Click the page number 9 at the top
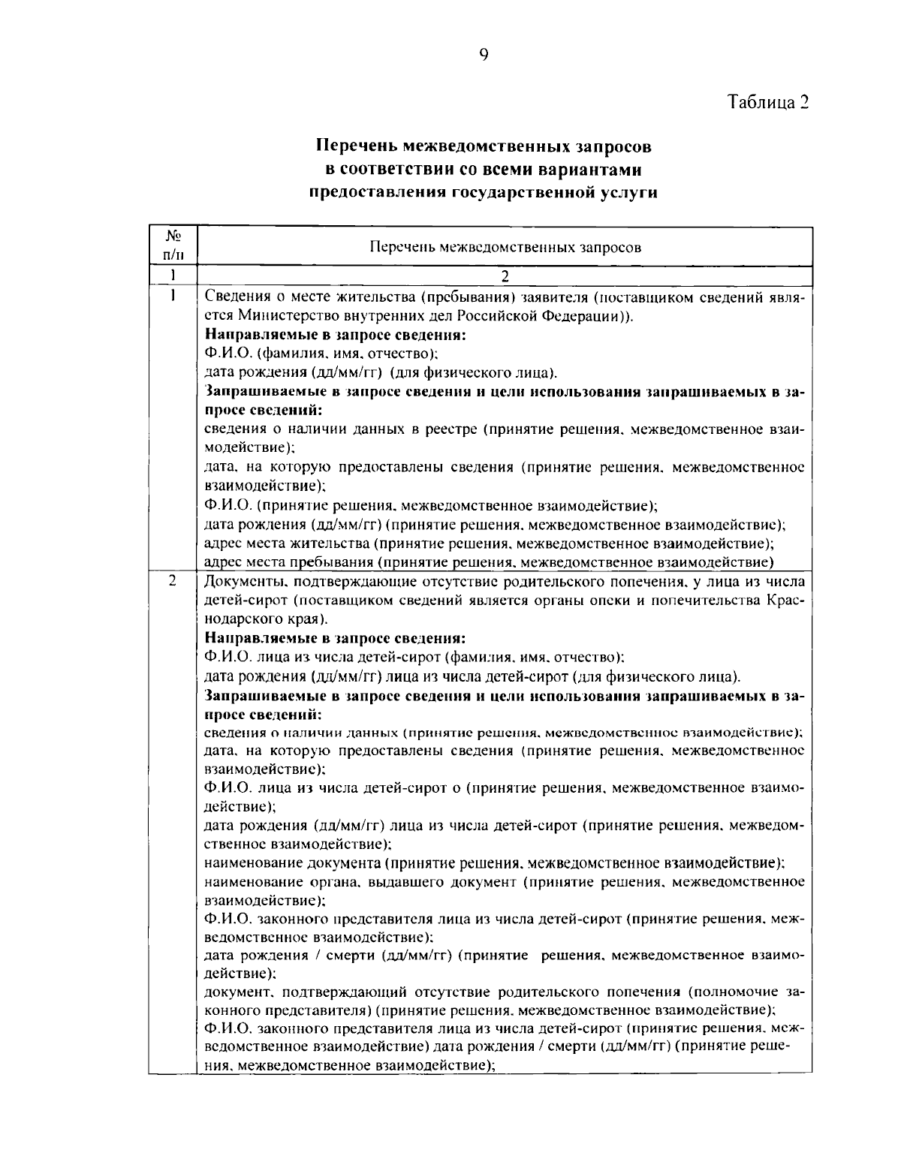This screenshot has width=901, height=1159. point(483,53)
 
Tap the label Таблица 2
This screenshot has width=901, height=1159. point(768,102)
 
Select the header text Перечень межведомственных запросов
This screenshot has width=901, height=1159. point(505,248)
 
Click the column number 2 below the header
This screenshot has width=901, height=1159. point(505,276)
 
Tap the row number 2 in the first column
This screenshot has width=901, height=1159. point(173,582)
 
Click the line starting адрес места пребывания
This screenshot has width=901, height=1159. point(489,561)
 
